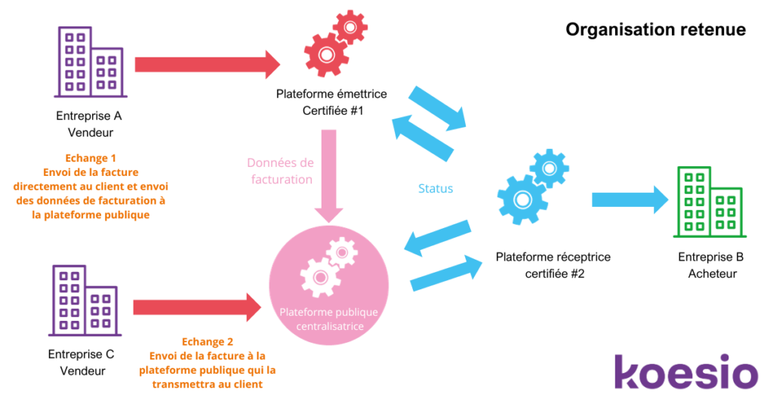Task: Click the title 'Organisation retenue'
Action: [655, 29]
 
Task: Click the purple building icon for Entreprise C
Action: [83, 301]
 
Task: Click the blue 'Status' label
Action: [436, 188]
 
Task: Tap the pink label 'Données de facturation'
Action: [279, 171]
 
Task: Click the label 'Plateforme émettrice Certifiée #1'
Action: [331, 102]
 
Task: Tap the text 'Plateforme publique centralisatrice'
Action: [328, 319]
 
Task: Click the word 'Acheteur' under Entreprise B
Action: [712, 273]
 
